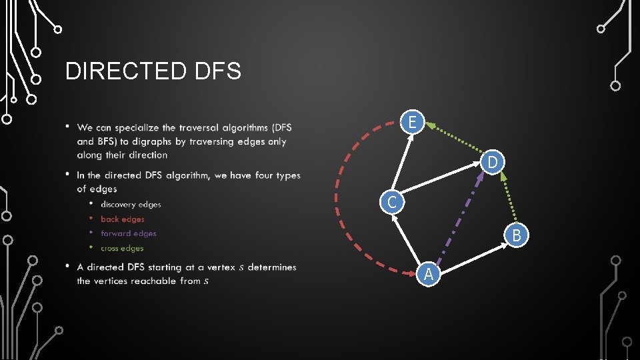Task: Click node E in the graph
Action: tap(413, 122)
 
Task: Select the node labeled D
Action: tap(492, 162)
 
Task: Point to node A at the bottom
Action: tap(429, 274)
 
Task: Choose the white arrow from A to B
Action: tap(474, 255)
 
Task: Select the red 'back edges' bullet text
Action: tap(123, 219)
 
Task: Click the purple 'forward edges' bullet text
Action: tap(128, 234)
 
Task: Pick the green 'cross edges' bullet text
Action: tap(122, 249)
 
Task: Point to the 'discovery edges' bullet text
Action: tap(131, 205)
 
